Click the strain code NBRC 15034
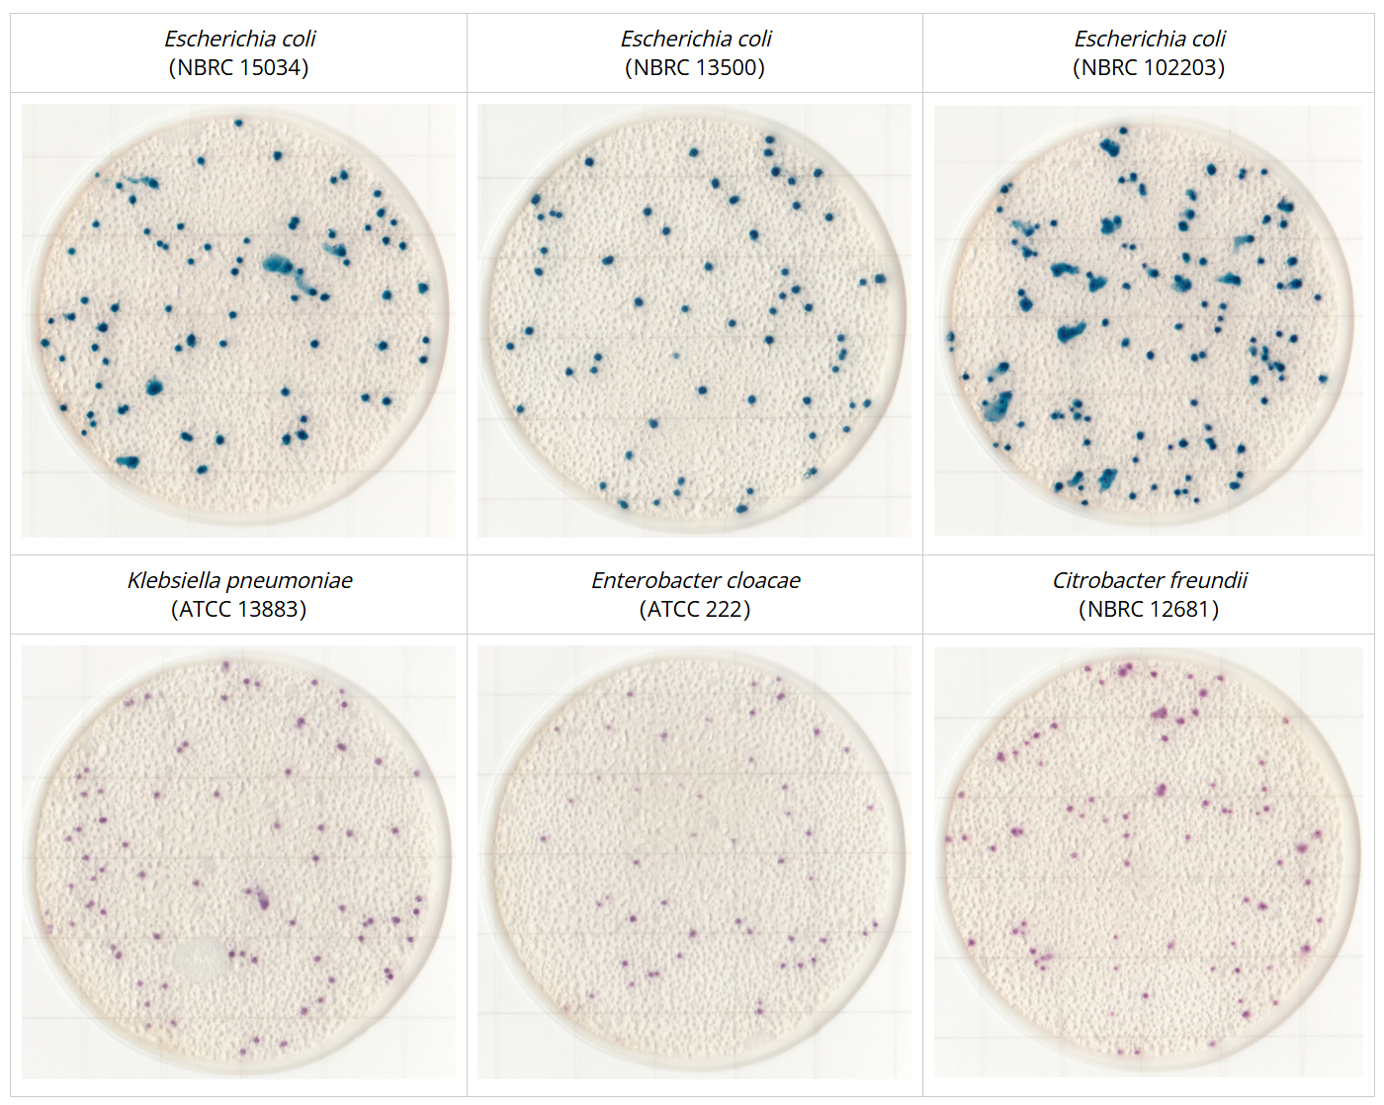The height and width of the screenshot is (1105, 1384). click(238, 67)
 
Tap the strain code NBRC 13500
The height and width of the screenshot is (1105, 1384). click(695, 67)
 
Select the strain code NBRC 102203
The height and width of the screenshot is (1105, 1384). click(1149, 67)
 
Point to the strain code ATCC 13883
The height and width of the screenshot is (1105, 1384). click(238, 609)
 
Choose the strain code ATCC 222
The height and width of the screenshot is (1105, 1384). click(695, 609)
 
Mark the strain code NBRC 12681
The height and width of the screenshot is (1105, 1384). click(1149, 609)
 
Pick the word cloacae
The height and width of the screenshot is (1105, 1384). click(760, 580)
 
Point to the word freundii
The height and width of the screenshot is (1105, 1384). click(1208, 580)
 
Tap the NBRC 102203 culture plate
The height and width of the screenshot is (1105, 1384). click(1149, 320)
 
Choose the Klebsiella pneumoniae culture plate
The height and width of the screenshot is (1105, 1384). click(238, 860)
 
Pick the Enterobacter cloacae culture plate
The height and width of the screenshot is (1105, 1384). click(694, 860)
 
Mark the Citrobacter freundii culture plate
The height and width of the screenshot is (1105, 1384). click(1149, 860)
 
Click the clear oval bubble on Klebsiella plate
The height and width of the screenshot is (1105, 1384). click(202, 960)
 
